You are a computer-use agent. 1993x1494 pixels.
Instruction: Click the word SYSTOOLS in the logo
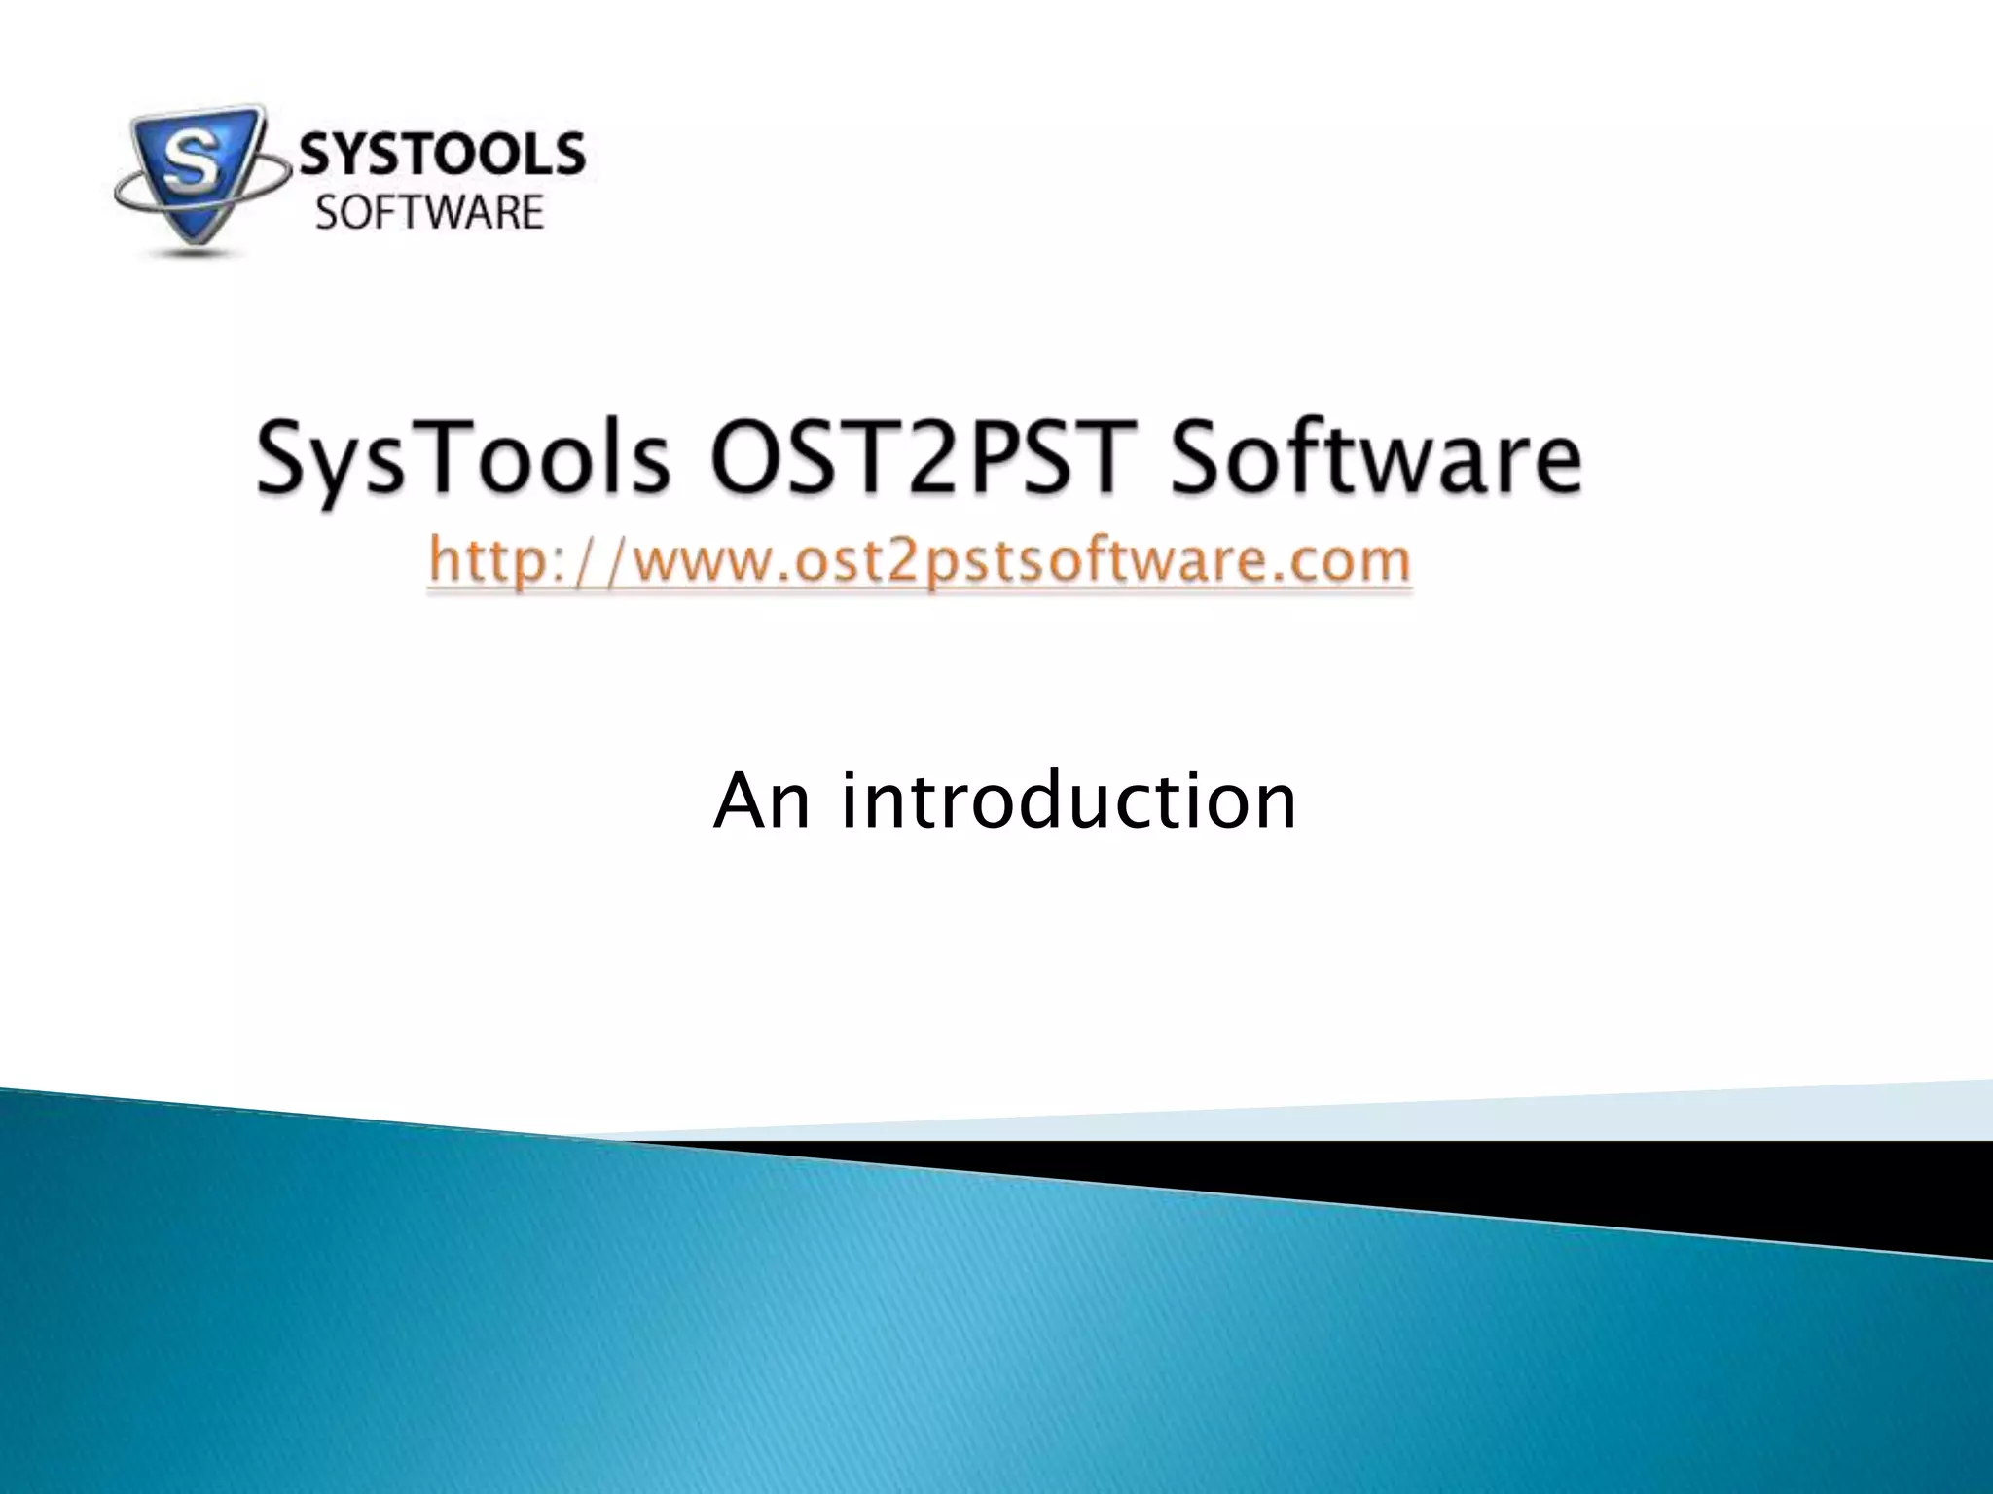pos(441,156)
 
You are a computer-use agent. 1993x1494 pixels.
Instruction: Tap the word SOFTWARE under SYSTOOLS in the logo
pos(429,213)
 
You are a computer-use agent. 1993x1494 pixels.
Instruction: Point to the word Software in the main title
pos(1375,457)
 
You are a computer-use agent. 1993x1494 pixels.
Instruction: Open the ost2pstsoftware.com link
pos(919,562)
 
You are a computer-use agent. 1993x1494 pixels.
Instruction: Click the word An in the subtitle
pos(762,800)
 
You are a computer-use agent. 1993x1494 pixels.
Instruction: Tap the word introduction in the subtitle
pos(1069,800)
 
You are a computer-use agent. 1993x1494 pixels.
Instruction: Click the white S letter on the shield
pos(188,164)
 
